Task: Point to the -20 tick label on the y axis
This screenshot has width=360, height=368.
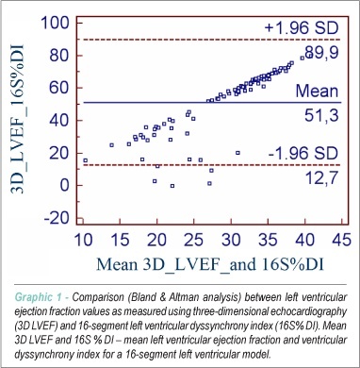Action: pos(57,218)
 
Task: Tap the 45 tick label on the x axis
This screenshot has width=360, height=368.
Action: pos(340,241)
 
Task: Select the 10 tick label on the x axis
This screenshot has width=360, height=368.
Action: pos(83,241)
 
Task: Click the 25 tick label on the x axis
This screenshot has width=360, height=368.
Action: pos(193,241)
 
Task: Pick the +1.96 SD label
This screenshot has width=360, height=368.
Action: pos(302,28)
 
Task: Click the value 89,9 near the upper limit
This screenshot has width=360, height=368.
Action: pos(320,52)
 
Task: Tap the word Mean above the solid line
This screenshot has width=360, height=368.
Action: pos(317,91)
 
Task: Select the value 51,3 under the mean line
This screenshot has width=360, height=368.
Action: pos(321,115)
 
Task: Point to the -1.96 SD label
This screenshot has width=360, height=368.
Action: pos(303,154)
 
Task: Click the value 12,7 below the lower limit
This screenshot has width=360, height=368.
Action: pos(321,177)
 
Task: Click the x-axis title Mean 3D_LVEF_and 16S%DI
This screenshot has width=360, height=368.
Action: pos(210,264)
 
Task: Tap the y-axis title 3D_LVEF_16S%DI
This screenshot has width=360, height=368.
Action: pos(18,120)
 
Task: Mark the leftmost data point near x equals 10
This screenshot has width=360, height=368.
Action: pos(85,160)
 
